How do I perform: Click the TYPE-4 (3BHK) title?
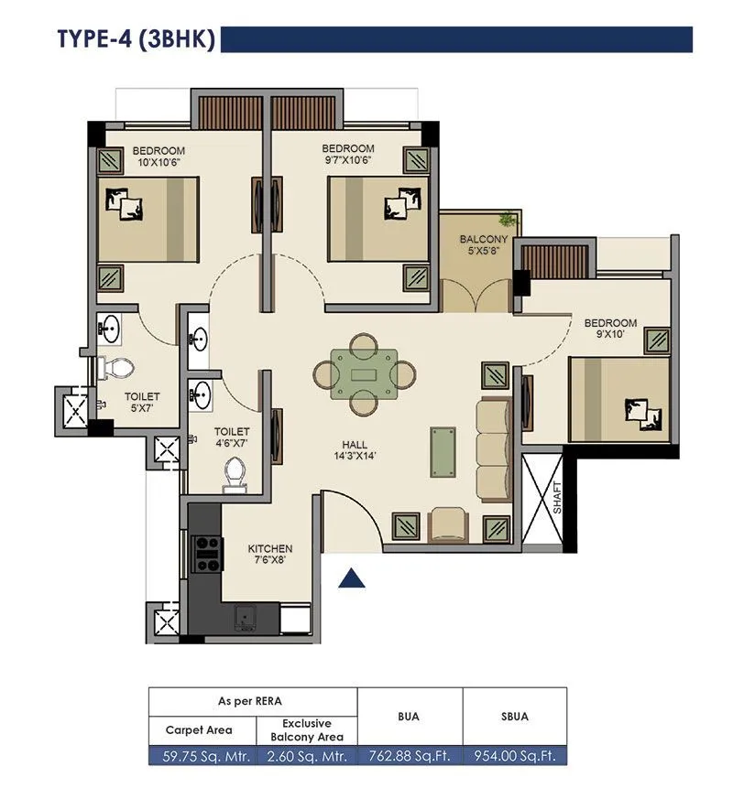coord(135,40)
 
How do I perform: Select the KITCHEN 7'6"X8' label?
coord(270,555)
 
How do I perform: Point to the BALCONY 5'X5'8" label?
coord(479,246)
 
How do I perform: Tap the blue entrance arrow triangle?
coord(353,578)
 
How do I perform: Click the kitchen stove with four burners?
coord(207,553)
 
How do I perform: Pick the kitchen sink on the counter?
coord(245,619)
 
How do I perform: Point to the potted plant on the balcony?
coord(506,220)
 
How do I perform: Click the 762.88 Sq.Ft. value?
coord(409,756)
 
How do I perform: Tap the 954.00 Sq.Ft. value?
coord(514,756)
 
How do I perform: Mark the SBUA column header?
coord(514,717)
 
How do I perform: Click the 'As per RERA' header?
coord(252,701)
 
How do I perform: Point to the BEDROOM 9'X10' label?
coord(610,329)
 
